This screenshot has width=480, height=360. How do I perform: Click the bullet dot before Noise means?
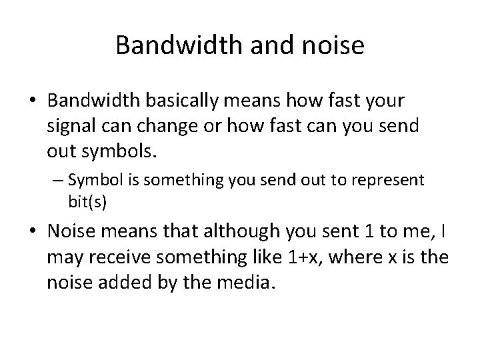pyautogui.click(x=33, y=232)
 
